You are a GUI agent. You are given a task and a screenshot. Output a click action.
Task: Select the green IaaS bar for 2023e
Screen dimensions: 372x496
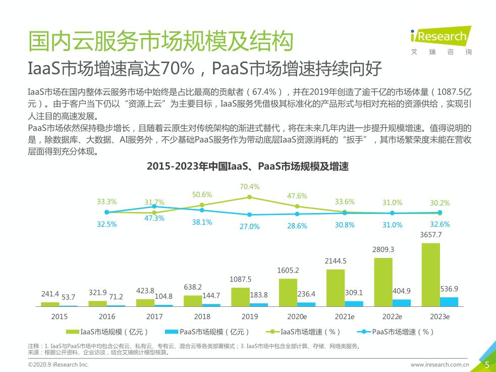[x=430, y=275]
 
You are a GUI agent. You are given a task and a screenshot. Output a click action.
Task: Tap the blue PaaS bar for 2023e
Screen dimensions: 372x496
[x=449, y=301]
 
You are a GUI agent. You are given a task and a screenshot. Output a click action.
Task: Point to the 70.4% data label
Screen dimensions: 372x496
[x=249, y=187]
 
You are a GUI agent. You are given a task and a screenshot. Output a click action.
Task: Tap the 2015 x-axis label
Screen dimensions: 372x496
[x=60, y=316]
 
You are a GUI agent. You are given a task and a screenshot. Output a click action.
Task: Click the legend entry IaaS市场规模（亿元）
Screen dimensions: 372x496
[x=108, y=332]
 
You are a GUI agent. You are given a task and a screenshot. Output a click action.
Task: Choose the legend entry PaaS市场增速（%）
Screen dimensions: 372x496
[x=397, y=332]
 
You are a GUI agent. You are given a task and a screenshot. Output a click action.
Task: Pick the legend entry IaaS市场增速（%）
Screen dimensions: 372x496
[x=304, y=332]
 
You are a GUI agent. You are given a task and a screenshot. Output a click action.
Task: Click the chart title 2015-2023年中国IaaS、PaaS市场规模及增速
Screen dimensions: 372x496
[x=248, y=166]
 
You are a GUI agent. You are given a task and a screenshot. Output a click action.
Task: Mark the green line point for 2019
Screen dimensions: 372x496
[x=249, y=197]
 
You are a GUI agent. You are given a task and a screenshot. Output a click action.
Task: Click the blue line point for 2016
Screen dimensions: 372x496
[x=154, y=206]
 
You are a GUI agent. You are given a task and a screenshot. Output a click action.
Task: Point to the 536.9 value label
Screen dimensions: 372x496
[x=449, y=289]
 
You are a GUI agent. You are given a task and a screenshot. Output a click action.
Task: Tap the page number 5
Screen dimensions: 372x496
[x=487, y=364]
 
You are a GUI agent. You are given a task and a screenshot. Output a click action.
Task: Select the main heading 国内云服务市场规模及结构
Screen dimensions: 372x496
[x=160, y=41]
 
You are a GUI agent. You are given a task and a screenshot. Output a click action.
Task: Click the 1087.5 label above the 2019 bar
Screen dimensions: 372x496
[x=240, y=279]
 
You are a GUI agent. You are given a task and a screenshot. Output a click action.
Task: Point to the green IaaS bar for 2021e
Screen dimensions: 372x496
[x=336, y=288]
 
